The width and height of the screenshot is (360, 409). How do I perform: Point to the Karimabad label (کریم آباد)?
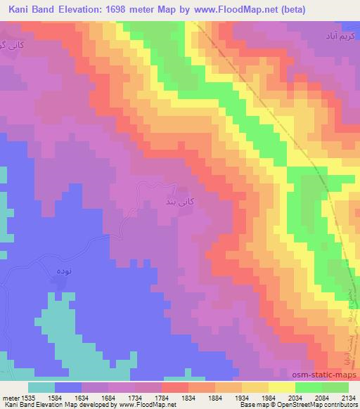333,34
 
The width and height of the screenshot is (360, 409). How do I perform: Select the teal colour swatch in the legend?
41,387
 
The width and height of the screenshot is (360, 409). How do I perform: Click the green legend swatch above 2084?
308,387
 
